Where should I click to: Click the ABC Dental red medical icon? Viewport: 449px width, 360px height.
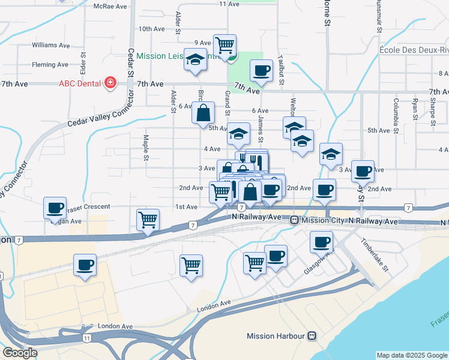(x=110, y=83)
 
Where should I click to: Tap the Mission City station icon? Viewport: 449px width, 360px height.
(x=295, y=221)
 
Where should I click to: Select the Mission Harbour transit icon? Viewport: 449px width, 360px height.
(x=312, y=336)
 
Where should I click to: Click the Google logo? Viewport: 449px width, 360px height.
(x=20, y=353)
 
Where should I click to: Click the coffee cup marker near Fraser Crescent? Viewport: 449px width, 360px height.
(x=55, y=208)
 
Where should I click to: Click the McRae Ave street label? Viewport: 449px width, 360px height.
(x=111, y=6)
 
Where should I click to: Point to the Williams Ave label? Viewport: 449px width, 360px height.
(x=52, y=45)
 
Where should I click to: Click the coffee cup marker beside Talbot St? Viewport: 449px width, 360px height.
(x=261, y=71)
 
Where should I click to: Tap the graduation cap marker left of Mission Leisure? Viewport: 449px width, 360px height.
(x=195, y=61)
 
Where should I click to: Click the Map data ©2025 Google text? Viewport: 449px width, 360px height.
(x=412, y=355)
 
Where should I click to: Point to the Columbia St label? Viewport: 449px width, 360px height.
(x=396, y=113)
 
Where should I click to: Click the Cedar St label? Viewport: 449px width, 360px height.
(x=130, y=63)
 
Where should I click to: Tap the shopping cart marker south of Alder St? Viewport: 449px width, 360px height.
(x=191, y=264)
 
